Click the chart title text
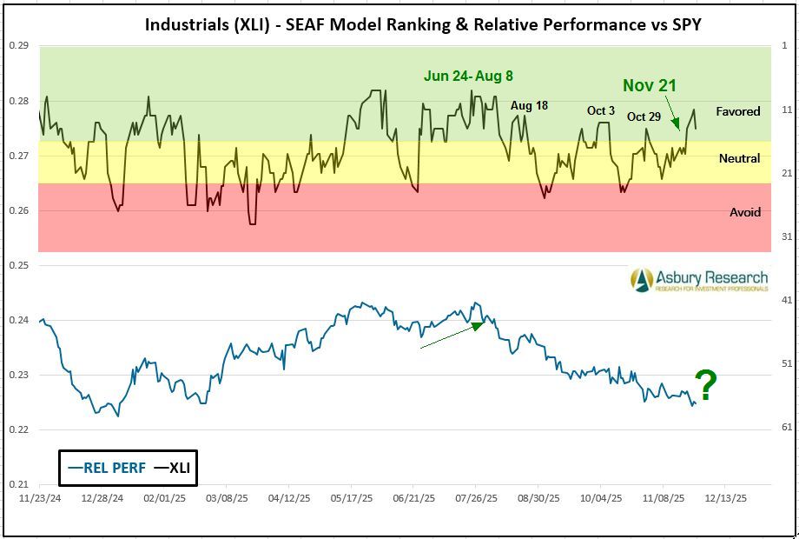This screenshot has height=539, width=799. pyautogui.click(x=423, y=23)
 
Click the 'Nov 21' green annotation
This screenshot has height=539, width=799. pyautogui.click(x=649, y=85)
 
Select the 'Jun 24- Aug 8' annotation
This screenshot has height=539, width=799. pyautogui.click(x=468, y=76)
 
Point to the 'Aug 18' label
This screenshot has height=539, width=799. pyautogui.click(x=529, y=105)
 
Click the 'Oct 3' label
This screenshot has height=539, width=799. pyautogui.click(x=601, y=110)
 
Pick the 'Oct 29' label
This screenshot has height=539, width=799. pyautogui.click(x=644, y=116)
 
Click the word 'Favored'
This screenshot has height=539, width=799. pyautogui.click(x=737, y=111)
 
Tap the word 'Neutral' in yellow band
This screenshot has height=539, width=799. pyautogui.click(x=739, y=158)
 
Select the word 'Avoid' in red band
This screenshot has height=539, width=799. pyautogui.click(x=744, y=212)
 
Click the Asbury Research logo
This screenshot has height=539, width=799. pyautogui.click(x=699, y=280)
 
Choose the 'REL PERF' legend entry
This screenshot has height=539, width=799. pyautogui.click(x=106, y=469)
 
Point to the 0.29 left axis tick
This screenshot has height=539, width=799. pyautogui.click(x=19, y=45)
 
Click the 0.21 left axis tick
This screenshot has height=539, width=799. pyautogui.click(x=19, y=484)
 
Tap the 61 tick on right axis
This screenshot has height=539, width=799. pyautogui.click(x=784, y=427)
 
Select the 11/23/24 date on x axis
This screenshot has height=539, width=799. pyautogui.click(x=40, y=500)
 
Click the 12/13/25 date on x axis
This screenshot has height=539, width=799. pyautogui.click(x=725, y=500)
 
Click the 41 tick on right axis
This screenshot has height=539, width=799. pyautogui.click(x=784, y=300)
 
